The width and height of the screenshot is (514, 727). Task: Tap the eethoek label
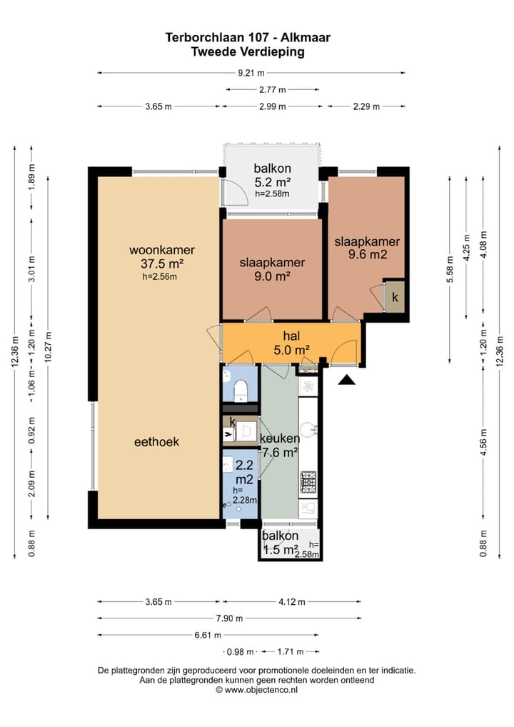tap(156, 442)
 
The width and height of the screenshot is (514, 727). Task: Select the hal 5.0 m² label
tap(291, 343)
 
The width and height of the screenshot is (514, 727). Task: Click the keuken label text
tap(279, 438)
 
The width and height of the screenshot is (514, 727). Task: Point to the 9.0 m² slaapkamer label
tap(272, 269)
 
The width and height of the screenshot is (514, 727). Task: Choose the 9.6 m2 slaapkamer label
tap(367, 248)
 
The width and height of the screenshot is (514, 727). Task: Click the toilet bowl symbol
tap(241, 390)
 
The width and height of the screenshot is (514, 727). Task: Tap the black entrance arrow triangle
tap(346, 380)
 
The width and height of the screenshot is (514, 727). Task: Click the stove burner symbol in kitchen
tap(308, 483)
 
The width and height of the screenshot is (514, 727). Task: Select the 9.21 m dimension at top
tap(251, 73)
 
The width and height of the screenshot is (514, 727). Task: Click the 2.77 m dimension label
tap(272, 89)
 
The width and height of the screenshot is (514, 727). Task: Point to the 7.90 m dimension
tap(229, 618)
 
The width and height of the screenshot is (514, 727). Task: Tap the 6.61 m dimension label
tap(208, 635)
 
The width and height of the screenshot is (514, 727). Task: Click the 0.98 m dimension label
tap(240, 652)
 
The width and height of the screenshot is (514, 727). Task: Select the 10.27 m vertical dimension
tap(49, 347)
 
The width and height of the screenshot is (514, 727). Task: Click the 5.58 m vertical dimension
tap(448, 269)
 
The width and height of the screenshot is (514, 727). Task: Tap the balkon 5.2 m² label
tap(273, 179)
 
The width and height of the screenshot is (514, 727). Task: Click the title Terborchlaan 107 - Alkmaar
tap(248, 38)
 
